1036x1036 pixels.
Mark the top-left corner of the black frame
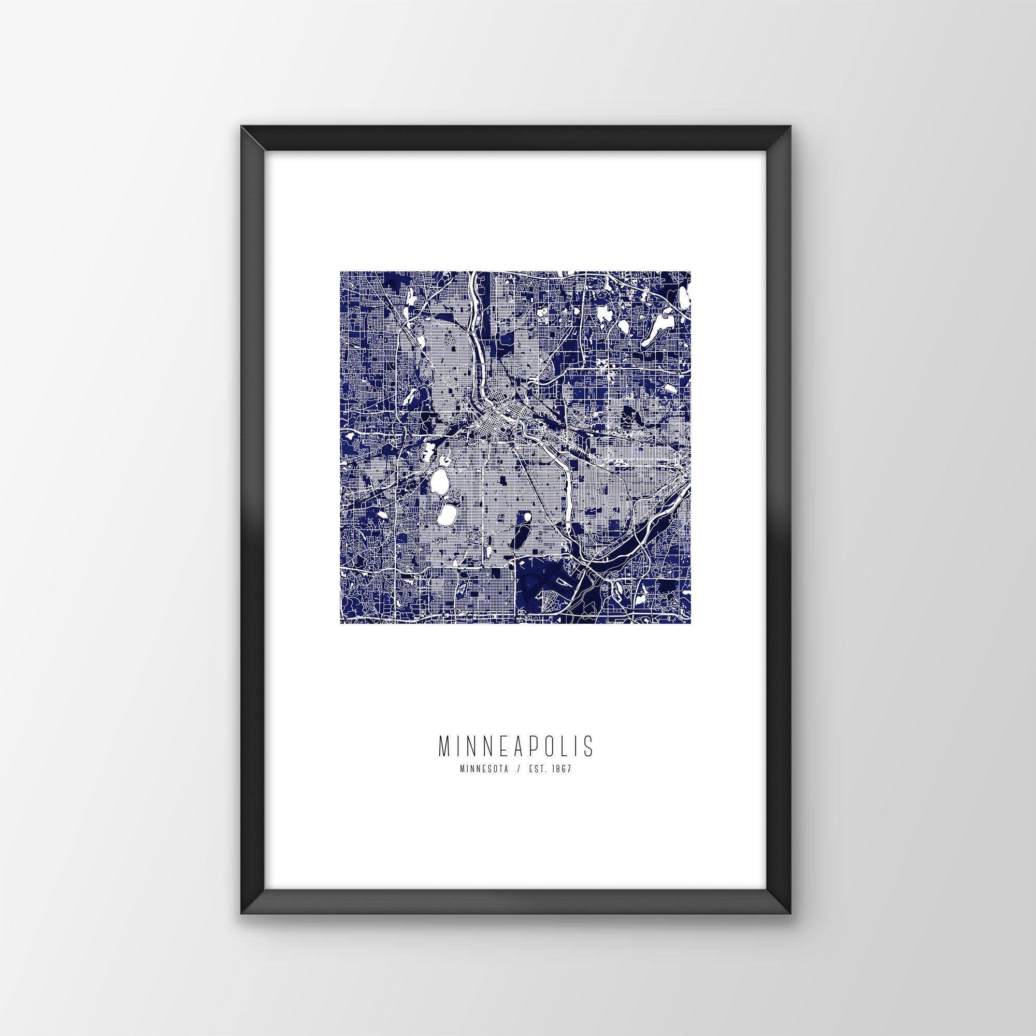[x=241, y=141]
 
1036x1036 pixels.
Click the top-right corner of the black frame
[x=792, y=141]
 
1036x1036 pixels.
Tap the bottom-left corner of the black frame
[x=241, y=899]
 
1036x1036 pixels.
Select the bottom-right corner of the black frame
[x=792, y=899]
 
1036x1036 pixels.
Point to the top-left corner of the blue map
[x=340, y=272]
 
